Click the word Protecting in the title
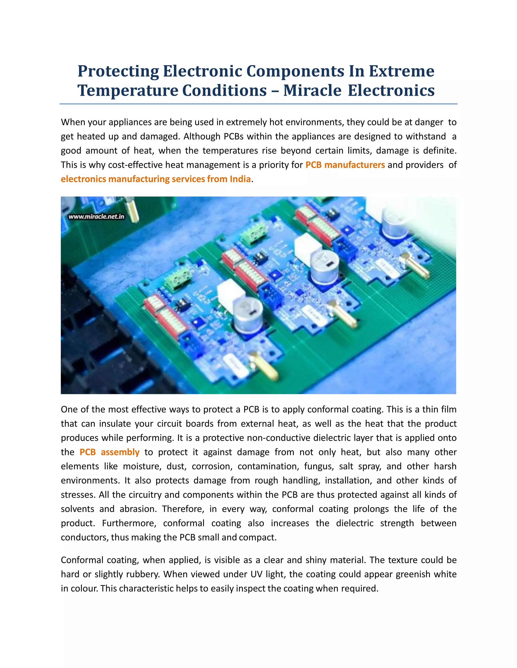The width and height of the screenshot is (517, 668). point(118,71)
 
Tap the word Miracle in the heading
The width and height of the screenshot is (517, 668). point(312,90)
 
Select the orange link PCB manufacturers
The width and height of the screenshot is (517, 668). point(345,165)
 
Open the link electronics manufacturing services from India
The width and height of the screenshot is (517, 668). point(156,179)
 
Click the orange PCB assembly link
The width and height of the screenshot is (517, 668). point(109,452)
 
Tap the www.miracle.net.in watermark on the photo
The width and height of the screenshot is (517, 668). point(96,217)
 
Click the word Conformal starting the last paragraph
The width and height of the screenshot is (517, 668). point(81,560)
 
